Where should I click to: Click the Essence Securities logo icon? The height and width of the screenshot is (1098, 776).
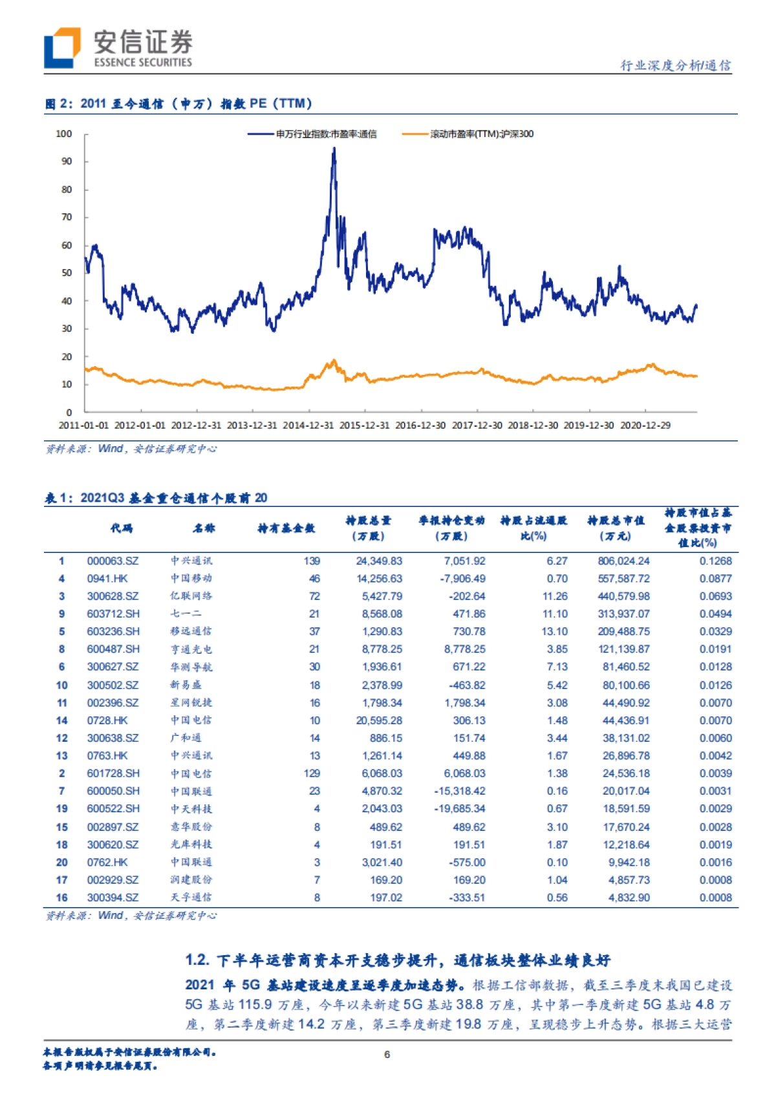point(62,48)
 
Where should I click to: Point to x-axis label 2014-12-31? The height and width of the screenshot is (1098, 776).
point(308,425)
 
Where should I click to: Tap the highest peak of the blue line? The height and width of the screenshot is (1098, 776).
point(334,149)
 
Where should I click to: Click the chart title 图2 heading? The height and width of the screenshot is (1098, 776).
point(178,103)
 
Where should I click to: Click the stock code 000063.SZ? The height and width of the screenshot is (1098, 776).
point(113,561)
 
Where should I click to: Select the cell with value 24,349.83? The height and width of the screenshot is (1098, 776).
point(379,561)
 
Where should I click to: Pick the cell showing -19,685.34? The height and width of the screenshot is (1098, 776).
point(459,809)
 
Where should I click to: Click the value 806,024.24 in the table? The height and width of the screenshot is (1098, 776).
point(623,561)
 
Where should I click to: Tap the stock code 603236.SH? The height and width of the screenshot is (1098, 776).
point(113,632)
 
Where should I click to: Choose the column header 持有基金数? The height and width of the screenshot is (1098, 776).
point(286,528)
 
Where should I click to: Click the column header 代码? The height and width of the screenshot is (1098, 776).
point(121,528)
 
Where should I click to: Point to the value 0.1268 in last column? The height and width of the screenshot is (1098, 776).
point(715,561)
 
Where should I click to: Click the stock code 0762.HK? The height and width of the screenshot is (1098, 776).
point(107,863)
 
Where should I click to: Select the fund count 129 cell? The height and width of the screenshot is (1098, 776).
point(312,773)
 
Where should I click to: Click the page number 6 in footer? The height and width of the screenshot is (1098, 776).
point(387,1055)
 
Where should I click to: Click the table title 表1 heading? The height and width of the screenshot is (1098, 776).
point(155,498)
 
